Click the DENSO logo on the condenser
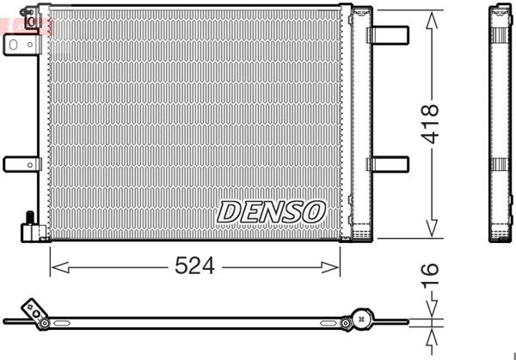tap(270, 211)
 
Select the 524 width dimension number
tap(195, 267)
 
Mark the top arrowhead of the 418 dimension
tap(432, 16)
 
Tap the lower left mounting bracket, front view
tap(21, 163)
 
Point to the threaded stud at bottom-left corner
tap(29, 218)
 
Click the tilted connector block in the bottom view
tap(35, 313)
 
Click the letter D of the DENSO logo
tap(230, 211)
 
